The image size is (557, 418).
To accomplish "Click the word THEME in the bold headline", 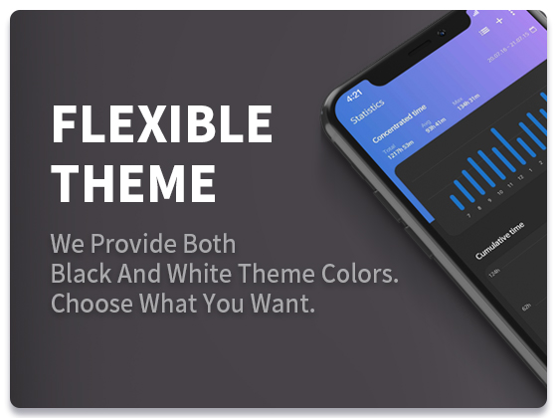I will [133, 183].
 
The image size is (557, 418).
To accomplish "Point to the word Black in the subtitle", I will [81, 274].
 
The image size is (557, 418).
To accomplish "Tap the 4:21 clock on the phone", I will [355, 97].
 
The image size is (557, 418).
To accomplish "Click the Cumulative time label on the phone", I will [498, 240].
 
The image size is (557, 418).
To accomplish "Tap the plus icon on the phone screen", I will [498, 20].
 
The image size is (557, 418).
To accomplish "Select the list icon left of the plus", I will [484, 30].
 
